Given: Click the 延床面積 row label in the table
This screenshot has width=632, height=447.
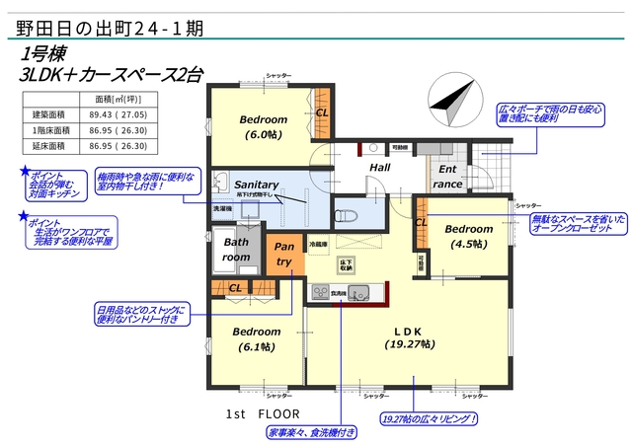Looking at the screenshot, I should [48, 146].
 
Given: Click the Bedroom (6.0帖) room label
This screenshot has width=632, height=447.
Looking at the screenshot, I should [263, 126].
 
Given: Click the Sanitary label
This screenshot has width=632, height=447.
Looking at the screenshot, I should [256, 185].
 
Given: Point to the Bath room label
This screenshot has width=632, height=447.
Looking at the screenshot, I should [237, 249].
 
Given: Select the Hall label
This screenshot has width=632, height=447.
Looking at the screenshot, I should [380, 168].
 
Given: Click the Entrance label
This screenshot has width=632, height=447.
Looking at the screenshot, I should [447, 176].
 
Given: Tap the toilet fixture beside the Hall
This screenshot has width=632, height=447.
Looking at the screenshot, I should [346, 213].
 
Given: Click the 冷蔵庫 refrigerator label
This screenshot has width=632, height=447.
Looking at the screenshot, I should [318, 243].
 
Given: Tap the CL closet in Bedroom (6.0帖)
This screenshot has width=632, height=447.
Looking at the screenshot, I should [321, 112].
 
